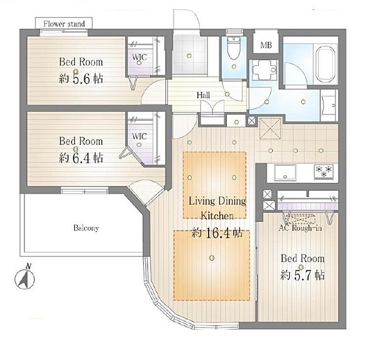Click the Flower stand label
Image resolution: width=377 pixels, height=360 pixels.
[x=64, y=24]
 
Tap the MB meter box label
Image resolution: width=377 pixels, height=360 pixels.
[x=266, y=45]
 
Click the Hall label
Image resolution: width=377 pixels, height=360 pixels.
[x=203, y=95]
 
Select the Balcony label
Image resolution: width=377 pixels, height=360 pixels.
[x=86, y=227]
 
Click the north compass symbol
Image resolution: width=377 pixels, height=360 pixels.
[x=25, y=277]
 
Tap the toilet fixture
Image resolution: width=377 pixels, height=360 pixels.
[x=234, y=48]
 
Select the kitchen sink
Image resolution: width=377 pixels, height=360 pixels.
[x=285, y=172]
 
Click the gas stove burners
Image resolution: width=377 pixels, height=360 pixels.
[x=324, y=172]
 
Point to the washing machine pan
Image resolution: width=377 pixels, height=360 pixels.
[x=264, y=70]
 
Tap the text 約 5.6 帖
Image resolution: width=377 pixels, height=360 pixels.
[x=81, y=79]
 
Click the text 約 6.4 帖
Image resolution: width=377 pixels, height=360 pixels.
[x=81, y=158]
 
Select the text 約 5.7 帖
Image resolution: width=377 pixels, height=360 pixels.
[x=302, y=275]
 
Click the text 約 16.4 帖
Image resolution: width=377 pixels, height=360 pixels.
[x=217, y=233]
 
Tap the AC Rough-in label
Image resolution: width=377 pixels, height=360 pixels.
[x=300, y=227]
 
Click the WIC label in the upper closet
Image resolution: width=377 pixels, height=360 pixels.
[x=139, y=57]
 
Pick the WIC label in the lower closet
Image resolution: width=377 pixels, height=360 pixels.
[x=139, y=136]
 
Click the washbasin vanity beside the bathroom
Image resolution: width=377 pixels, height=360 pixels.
[x=329, y=106]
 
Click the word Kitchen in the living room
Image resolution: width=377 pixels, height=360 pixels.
[x=217, y=215]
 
